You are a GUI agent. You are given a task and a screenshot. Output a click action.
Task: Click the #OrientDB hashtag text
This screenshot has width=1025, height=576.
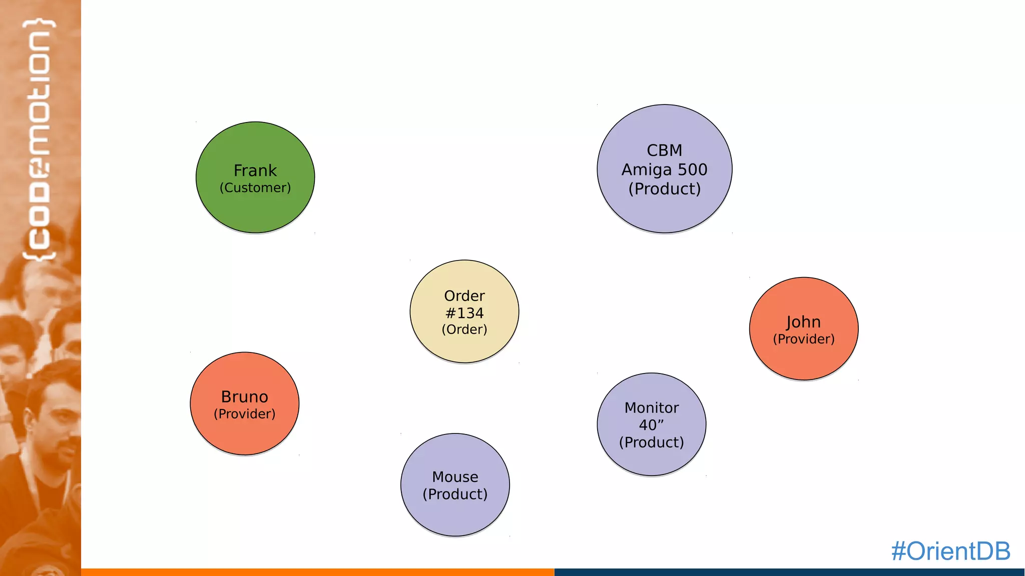point(950,551)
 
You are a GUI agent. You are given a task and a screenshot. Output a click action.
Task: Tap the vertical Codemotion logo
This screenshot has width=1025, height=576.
point(40,140)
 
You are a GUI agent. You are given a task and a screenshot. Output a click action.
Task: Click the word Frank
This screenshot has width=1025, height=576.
point(255,170)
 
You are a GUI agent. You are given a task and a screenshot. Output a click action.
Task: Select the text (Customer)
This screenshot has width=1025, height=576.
point(255,188)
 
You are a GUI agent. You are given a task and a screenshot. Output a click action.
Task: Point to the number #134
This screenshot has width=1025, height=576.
point(464,313)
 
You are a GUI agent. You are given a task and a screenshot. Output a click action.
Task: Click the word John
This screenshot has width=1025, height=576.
point(804,322)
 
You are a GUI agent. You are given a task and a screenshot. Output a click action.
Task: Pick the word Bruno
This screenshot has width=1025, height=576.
point(245,396)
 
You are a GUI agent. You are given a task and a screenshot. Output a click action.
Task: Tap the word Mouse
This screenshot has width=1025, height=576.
point(455,477)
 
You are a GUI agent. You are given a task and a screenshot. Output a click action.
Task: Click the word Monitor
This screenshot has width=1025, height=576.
point(652,408)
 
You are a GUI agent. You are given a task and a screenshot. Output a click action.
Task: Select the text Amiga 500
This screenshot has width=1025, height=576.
point(665,170)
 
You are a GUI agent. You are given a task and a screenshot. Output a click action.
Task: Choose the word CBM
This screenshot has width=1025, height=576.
point(665,150)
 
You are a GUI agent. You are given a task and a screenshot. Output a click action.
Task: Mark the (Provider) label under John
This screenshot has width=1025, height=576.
point(804,339)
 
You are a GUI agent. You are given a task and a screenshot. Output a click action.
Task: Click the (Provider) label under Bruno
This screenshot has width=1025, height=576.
point(245,414)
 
